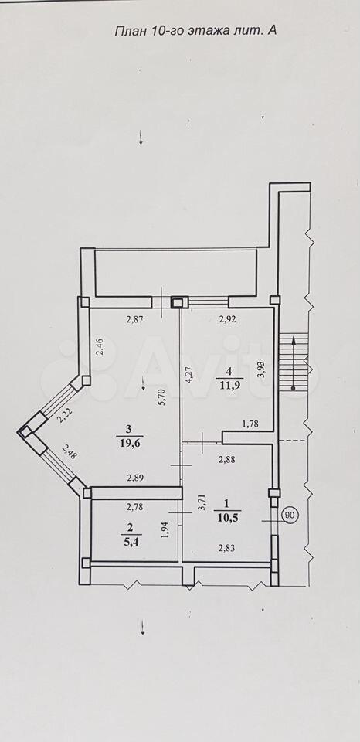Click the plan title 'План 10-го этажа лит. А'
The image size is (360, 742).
(x=196, y=31)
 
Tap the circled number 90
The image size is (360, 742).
(x=290, y=516)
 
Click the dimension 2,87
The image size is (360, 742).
(x=135, y=319)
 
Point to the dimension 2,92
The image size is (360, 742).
(x=228, y=319)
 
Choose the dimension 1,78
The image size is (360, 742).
(x=250, y=424)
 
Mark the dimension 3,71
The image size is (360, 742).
(x=202, y=502)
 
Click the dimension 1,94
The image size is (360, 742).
(x=165, y=538)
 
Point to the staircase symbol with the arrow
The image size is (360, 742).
(x=294, y=362)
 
